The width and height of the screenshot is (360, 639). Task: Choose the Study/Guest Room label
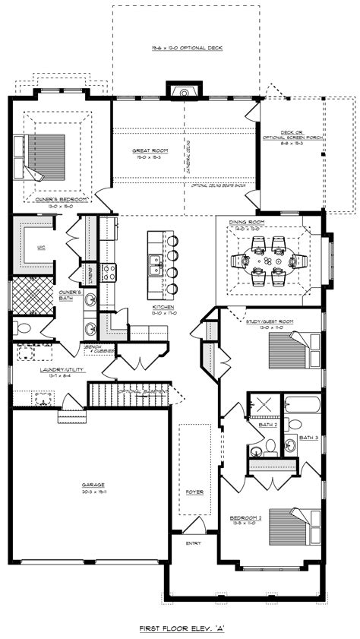tap(270, 321)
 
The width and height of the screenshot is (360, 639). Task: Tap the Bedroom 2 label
tap(245, 518)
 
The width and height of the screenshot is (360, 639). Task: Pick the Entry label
tap(193, 543)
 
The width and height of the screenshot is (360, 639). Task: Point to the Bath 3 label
tap(309, 438)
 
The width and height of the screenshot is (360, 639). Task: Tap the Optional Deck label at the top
tap(186, 48)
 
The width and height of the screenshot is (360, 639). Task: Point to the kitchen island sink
tap(154, 265)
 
